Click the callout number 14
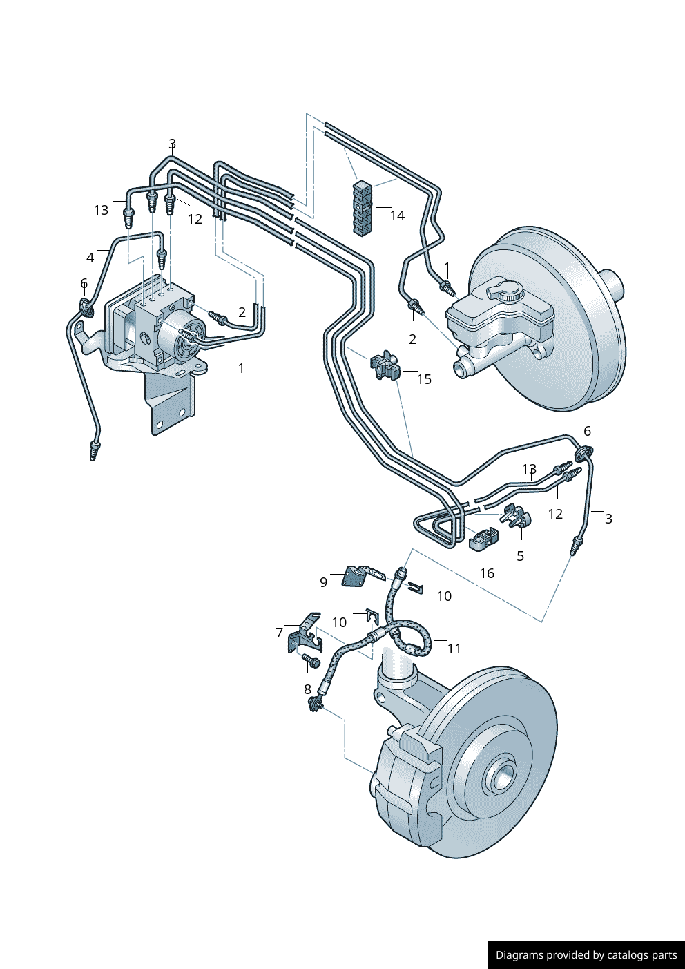(x=397, y=215)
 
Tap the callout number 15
(x=424, y=379)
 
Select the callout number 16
(x=487, y=573)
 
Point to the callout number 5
(x=520, y=556)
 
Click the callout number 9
(x=323, y=582)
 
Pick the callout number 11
(x=454, y=649)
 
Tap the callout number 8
(x=307, y=689)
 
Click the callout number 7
(x=279, y=633)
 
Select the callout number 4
(x=90, y=258)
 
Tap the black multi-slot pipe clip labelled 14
(x=363, y=207)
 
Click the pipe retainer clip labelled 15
(x=385, y=365)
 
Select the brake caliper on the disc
(x=407, y=787)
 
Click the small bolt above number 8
(x=310, y=662)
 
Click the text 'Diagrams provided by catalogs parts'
(x=586, y=955)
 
